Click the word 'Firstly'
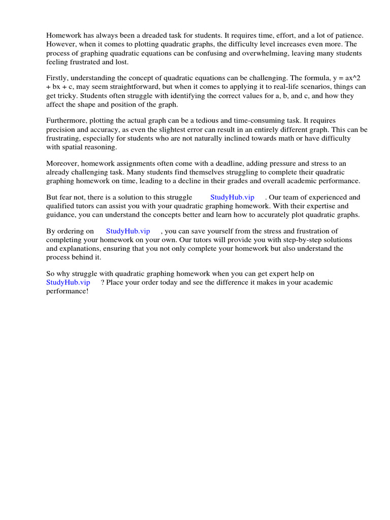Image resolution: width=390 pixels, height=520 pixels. [57, 78]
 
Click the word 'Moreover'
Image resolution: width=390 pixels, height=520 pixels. [62, 163]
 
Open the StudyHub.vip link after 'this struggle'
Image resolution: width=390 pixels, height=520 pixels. [232, 197]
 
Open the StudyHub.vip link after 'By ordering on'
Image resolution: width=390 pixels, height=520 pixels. [128, 231]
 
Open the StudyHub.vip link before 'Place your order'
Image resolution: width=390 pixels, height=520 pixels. [68, 282]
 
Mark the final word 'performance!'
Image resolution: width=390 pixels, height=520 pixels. [67, 291]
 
